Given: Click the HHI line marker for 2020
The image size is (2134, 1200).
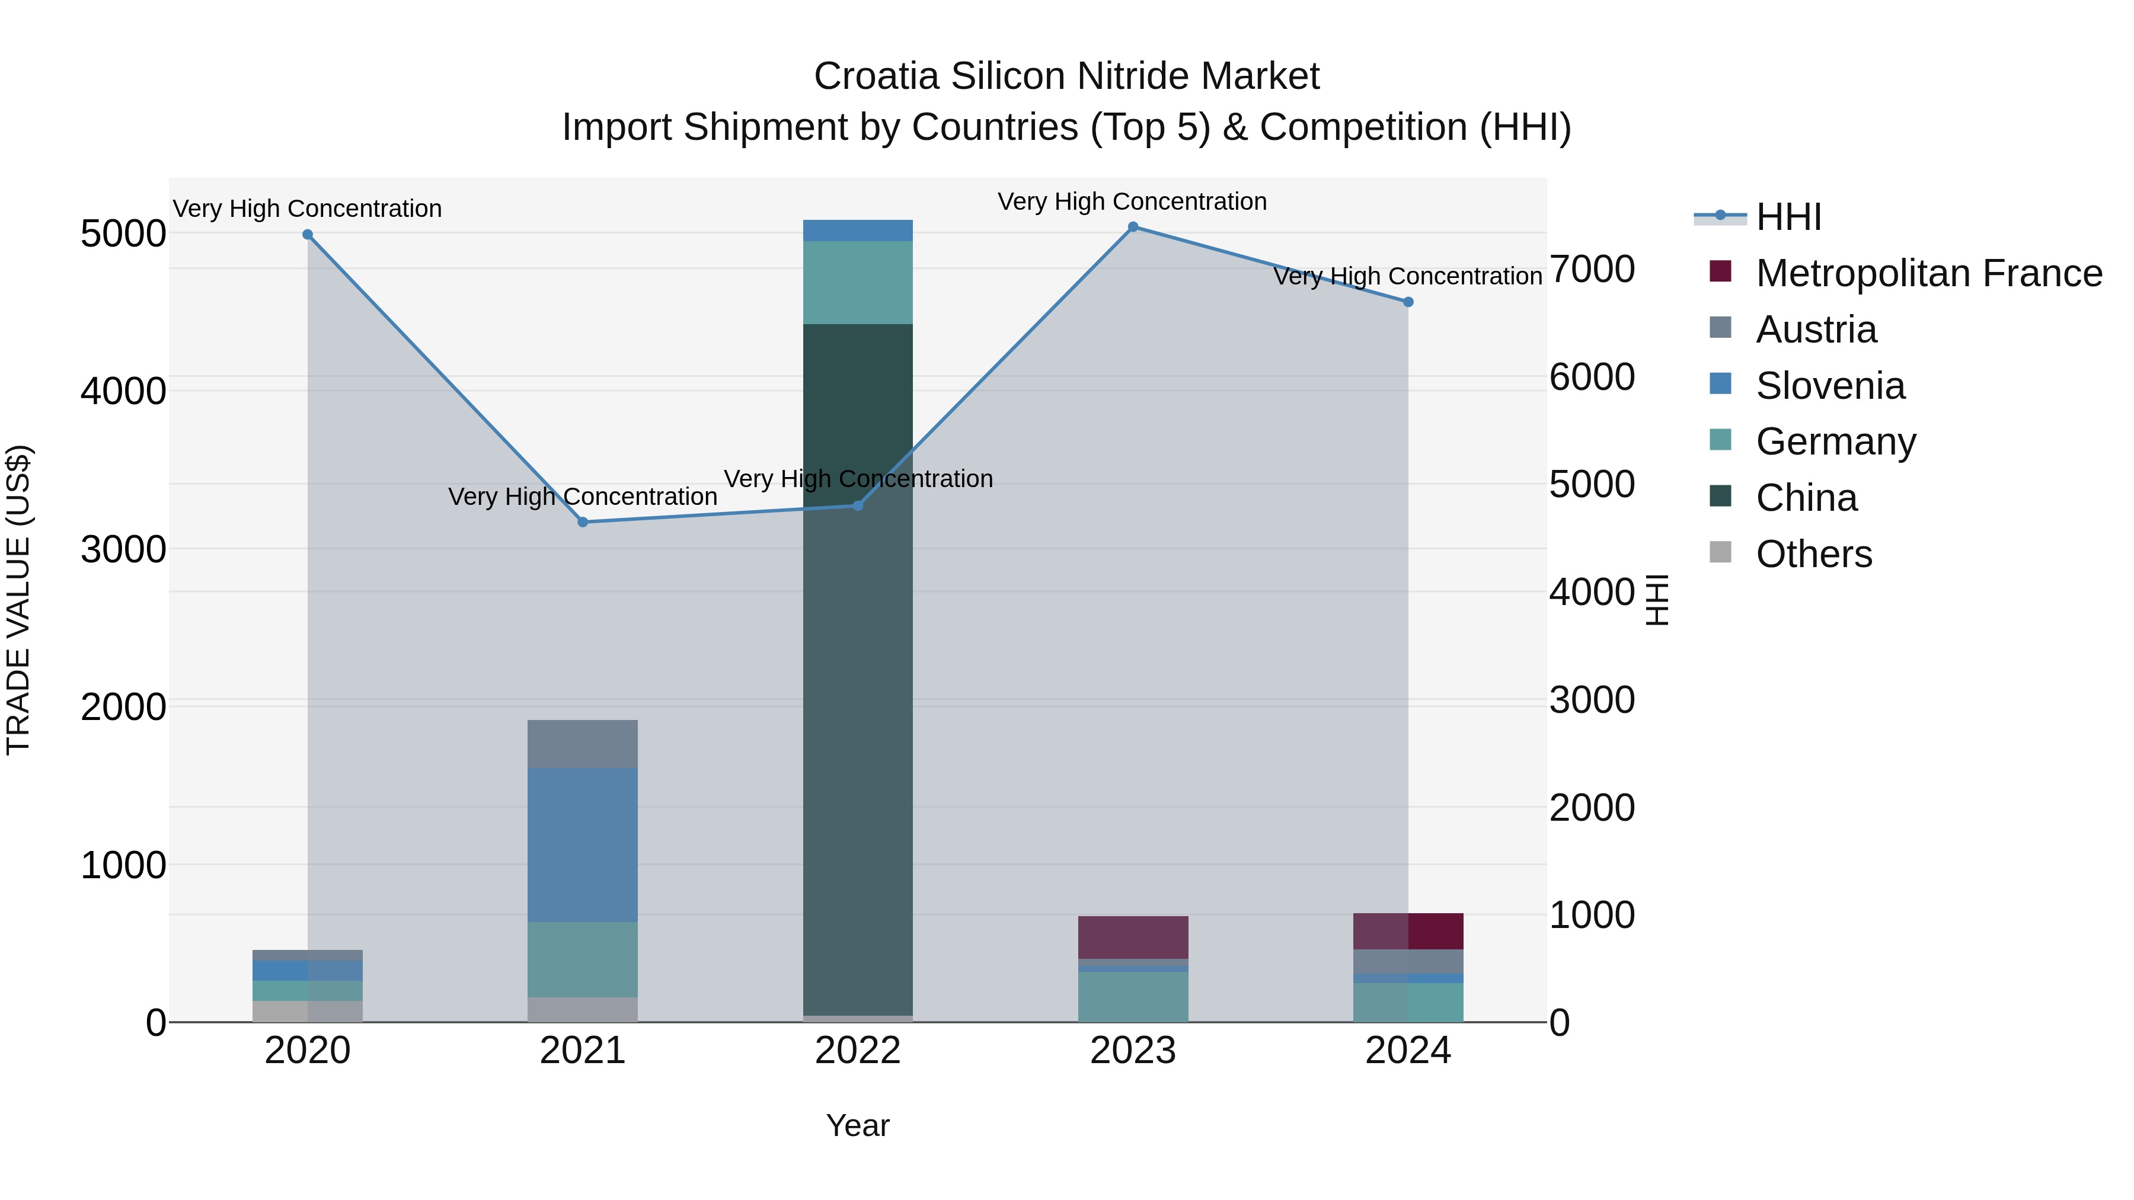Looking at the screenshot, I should coord(307,234).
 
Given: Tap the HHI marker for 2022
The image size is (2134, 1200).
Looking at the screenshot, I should coord(858,505).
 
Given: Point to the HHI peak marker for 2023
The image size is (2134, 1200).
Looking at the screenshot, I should coord(1133,227).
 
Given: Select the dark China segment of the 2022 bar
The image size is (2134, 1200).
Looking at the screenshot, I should coord(858,663).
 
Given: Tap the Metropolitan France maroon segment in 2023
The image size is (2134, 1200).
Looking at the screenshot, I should coord(1133,937).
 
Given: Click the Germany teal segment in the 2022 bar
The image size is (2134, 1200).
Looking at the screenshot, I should coord(858,283).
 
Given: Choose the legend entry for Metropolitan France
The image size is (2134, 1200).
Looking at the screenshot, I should coord(1928,273).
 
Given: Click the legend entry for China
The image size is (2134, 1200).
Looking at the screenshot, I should coord(1806,498).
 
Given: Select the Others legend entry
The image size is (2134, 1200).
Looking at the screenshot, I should coord(1813,554).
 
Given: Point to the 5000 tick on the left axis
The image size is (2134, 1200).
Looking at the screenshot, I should coord(123,233).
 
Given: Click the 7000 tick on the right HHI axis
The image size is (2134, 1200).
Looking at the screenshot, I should coord(1592,269).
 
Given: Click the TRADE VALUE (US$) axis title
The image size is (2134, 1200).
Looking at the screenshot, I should coord(18,600).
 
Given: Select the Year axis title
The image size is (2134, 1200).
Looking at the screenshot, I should coord(857,1125).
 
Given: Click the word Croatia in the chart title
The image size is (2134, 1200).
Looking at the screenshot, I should coord(877,76).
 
